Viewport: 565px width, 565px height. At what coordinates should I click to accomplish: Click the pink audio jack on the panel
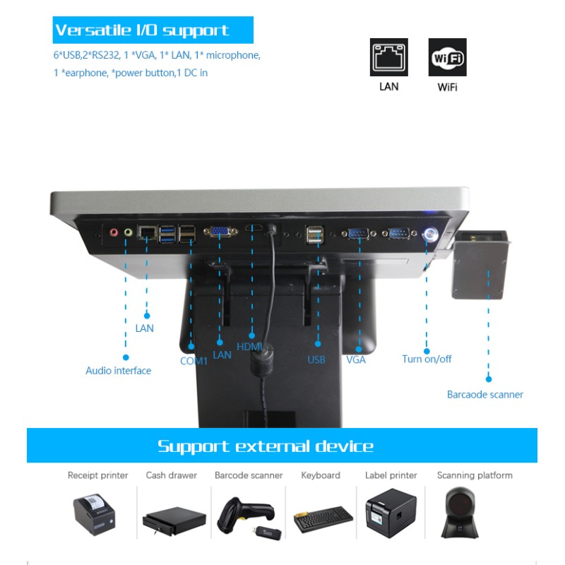(114, 232)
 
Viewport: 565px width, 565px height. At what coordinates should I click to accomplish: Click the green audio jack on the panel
(128, 232)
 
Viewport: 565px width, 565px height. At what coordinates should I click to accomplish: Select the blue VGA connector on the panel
(220, 232)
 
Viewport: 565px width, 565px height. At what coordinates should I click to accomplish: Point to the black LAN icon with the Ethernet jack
(389, 57)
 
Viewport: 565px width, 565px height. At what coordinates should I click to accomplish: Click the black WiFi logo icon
(447, 57)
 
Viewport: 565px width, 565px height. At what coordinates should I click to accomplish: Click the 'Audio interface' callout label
(118, 370)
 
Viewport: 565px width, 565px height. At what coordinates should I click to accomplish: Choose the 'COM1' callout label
(194, 361)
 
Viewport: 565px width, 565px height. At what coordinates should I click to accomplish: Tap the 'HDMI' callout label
(249, 347)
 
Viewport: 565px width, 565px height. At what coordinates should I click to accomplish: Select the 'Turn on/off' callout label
(427, 359)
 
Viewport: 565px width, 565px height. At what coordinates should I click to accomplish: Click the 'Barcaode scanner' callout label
(485, 395)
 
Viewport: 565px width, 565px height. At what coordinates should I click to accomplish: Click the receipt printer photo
(95, 514)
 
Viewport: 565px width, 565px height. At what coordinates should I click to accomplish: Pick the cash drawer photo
(174, 521)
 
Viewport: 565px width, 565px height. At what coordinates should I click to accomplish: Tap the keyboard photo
(323, 519)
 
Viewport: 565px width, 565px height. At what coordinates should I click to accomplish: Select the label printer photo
(391, 513)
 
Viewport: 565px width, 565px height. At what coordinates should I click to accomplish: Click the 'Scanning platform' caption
(475, 475)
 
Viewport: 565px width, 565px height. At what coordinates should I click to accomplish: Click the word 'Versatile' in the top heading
(93, 30)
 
